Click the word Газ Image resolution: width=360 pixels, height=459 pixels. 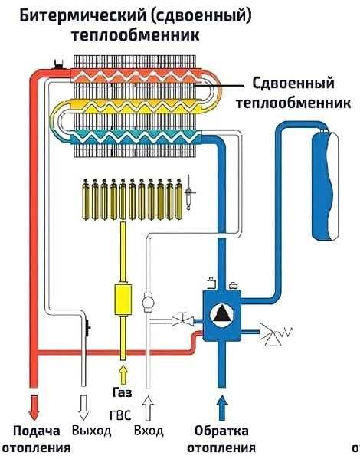tap(123, 392)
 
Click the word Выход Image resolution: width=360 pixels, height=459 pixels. tap(91, 431)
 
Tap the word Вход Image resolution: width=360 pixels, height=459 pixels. tap(148, 431)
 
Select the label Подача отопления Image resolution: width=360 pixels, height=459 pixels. tap(34, 439)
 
